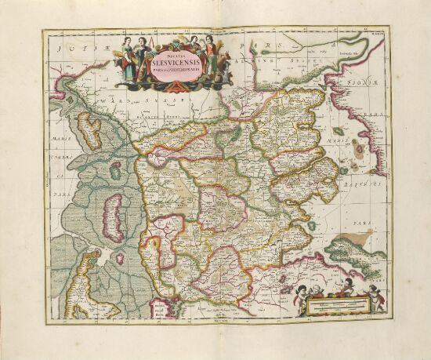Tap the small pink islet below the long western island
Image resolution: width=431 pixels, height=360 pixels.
120,256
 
